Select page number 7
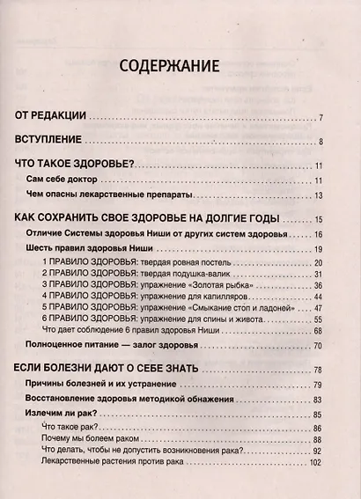coord(322,117)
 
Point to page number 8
coord(322,141)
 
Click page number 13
coord(320,195)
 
